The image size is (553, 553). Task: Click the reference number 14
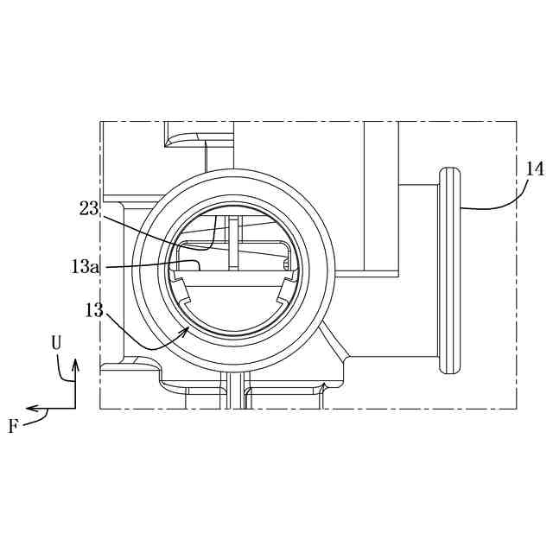click(535, 169)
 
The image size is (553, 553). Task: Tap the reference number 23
click(89, 208)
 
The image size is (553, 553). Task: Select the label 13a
click(85, 267)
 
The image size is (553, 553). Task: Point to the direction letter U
click(56, 342)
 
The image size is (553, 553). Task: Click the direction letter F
click(14, 426)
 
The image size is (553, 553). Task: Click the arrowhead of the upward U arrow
click(75, 365)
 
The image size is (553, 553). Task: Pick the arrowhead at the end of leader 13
click(184, 332)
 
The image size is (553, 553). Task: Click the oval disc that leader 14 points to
click(449, 270)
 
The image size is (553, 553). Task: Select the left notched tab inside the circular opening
click(181, 290)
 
